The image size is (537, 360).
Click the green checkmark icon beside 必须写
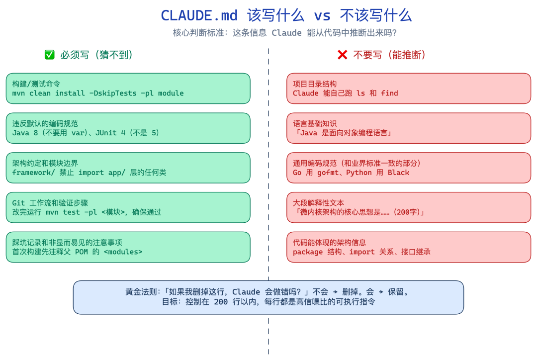coord(50,55)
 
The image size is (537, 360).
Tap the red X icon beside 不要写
coord(342,55)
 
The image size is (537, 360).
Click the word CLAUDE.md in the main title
coord(199,15)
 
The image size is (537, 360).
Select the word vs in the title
coord(322,15)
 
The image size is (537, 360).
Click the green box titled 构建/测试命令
coord(128,89)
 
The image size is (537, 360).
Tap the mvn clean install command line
coord(98,93)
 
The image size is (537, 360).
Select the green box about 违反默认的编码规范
coord(128,128)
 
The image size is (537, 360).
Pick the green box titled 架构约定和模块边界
coord(128,168)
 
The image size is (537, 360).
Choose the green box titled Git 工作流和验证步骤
coord(128,207)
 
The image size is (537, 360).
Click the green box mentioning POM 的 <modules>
coord(128,247)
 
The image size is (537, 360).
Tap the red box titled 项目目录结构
coord(409,89)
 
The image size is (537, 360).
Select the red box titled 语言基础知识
coord(409,128)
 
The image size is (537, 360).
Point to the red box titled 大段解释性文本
coord(409,207)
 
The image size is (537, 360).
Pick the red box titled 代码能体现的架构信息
coord(409,247)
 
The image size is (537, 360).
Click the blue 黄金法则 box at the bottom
coord(268,297)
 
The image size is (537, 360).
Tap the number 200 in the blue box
coord(221,302)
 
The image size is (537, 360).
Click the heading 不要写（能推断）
coord(389,55)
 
